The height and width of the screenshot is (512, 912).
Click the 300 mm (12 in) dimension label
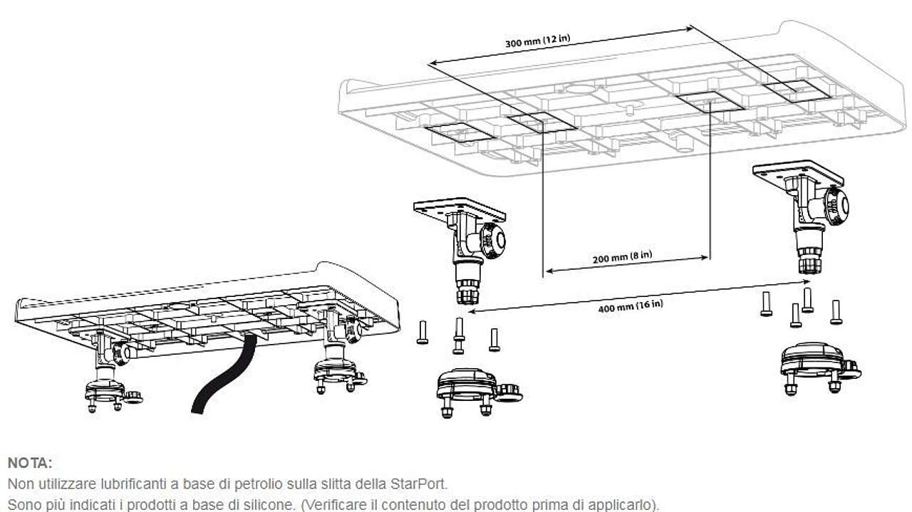tap(537, 41)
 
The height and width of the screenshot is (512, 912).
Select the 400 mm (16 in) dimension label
tap(631, 306)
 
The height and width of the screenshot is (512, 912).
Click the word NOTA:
tap(30, 463)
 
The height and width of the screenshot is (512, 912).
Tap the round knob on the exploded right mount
tap(837, 206)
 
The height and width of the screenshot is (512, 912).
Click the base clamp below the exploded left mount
tap(477, 392)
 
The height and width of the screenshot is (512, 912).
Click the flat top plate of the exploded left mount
tap(460, 209)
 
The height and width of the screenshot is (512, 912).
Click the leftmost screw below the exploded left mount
tap(423, 332)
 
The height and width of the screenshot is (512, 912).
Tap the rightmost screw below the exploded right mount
tap(836, 312)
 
